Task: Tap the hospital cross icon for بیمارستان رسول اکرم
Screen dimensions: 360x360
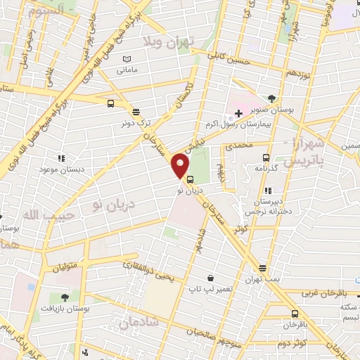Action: (x=239, y=112)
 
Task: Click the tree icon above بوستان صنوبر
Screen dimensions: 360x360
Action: (x=272, y=98)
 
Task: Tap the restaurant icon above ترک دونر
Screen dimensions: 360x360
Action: (x=136, y=110)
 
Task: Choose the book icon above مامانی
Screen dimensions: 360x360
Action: (x=127, y=59)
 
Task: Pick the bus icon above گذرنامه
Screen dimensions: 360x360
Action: (x=266, y=157)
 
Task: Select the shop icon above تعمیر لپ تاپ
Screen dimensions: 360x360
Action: (x=210, y=278)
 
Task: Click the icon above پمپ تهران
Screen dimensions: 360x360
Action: (x=262, y=268)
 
